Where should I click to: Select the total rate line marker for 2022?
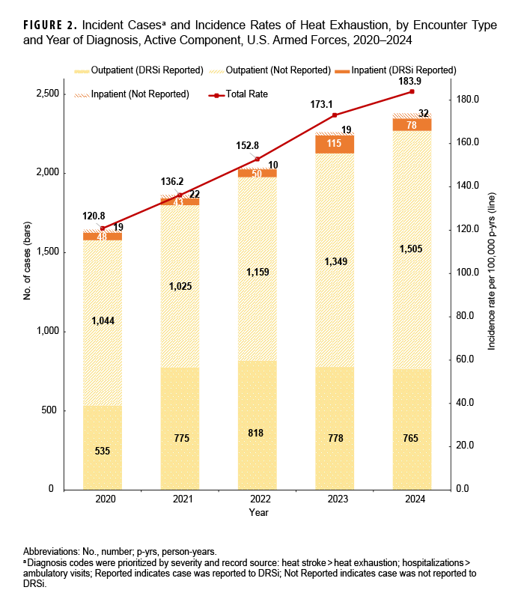258,159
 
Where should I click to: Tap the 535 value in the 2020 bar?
103,451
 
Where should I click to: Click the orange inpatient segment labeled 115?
335,144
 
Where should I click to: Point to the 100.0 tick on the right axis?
466,273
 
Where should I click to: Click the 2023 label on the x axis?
335,499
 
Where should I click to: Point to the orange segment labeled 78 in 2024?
412,125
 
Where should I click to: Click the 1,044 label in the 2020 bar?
103,320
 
